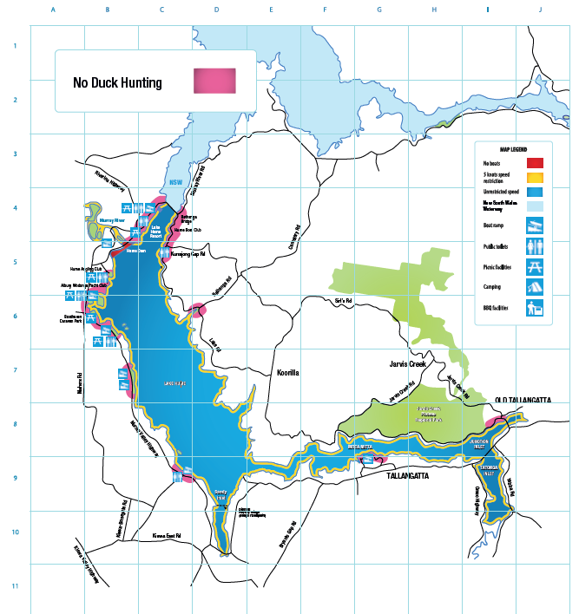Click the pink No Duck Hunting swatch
[x=214, y=82]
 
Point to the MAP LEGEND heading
[x=513, y=149]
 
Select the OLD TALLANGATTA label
[x=523, y=399]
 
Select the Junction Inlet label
[x=480, y=441]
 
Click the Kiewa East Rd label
[x=165, y=535]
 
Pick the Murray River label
[x=114, y=221]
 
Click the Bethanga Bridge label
[x=188, y=219]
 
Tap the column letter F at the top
[x=325, y=10]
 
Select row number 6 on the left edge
[x=15, y=316]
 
